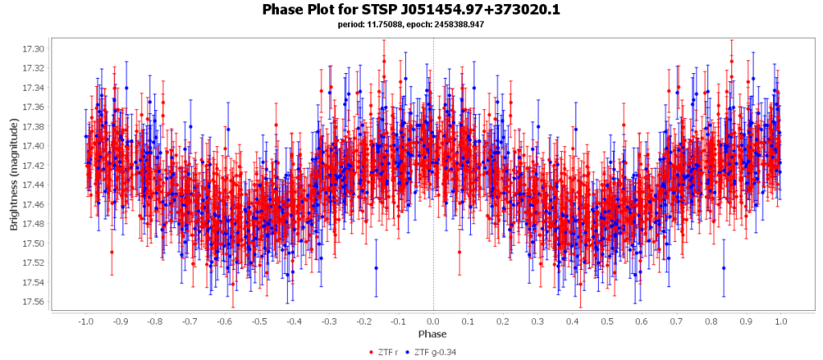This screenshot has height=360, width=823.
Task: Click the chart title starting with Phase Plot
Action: [411, 10]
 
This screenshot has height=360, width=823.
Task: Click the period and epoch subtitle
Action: [411, 24]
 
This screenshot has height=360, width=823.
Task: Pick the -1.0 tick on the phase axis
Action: [85, 321]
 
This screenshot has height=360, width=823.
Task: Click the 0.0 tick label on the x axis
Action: [434, 321]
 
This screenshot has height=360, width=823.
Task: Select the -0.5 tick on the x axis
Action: [259, 321]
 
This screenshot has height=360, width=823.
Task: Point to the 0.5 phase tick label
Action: [608, 321]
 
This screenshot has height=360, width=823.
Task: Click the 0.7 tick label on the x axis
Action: [678, 321]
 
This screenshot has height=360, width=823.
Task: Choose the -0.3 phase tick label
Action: [329, 321]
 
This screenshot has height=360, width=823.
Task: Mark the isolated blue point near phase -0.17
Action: [376, 268]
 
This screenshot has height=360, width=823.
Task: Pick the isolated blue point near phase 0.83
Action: [723, 268]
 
